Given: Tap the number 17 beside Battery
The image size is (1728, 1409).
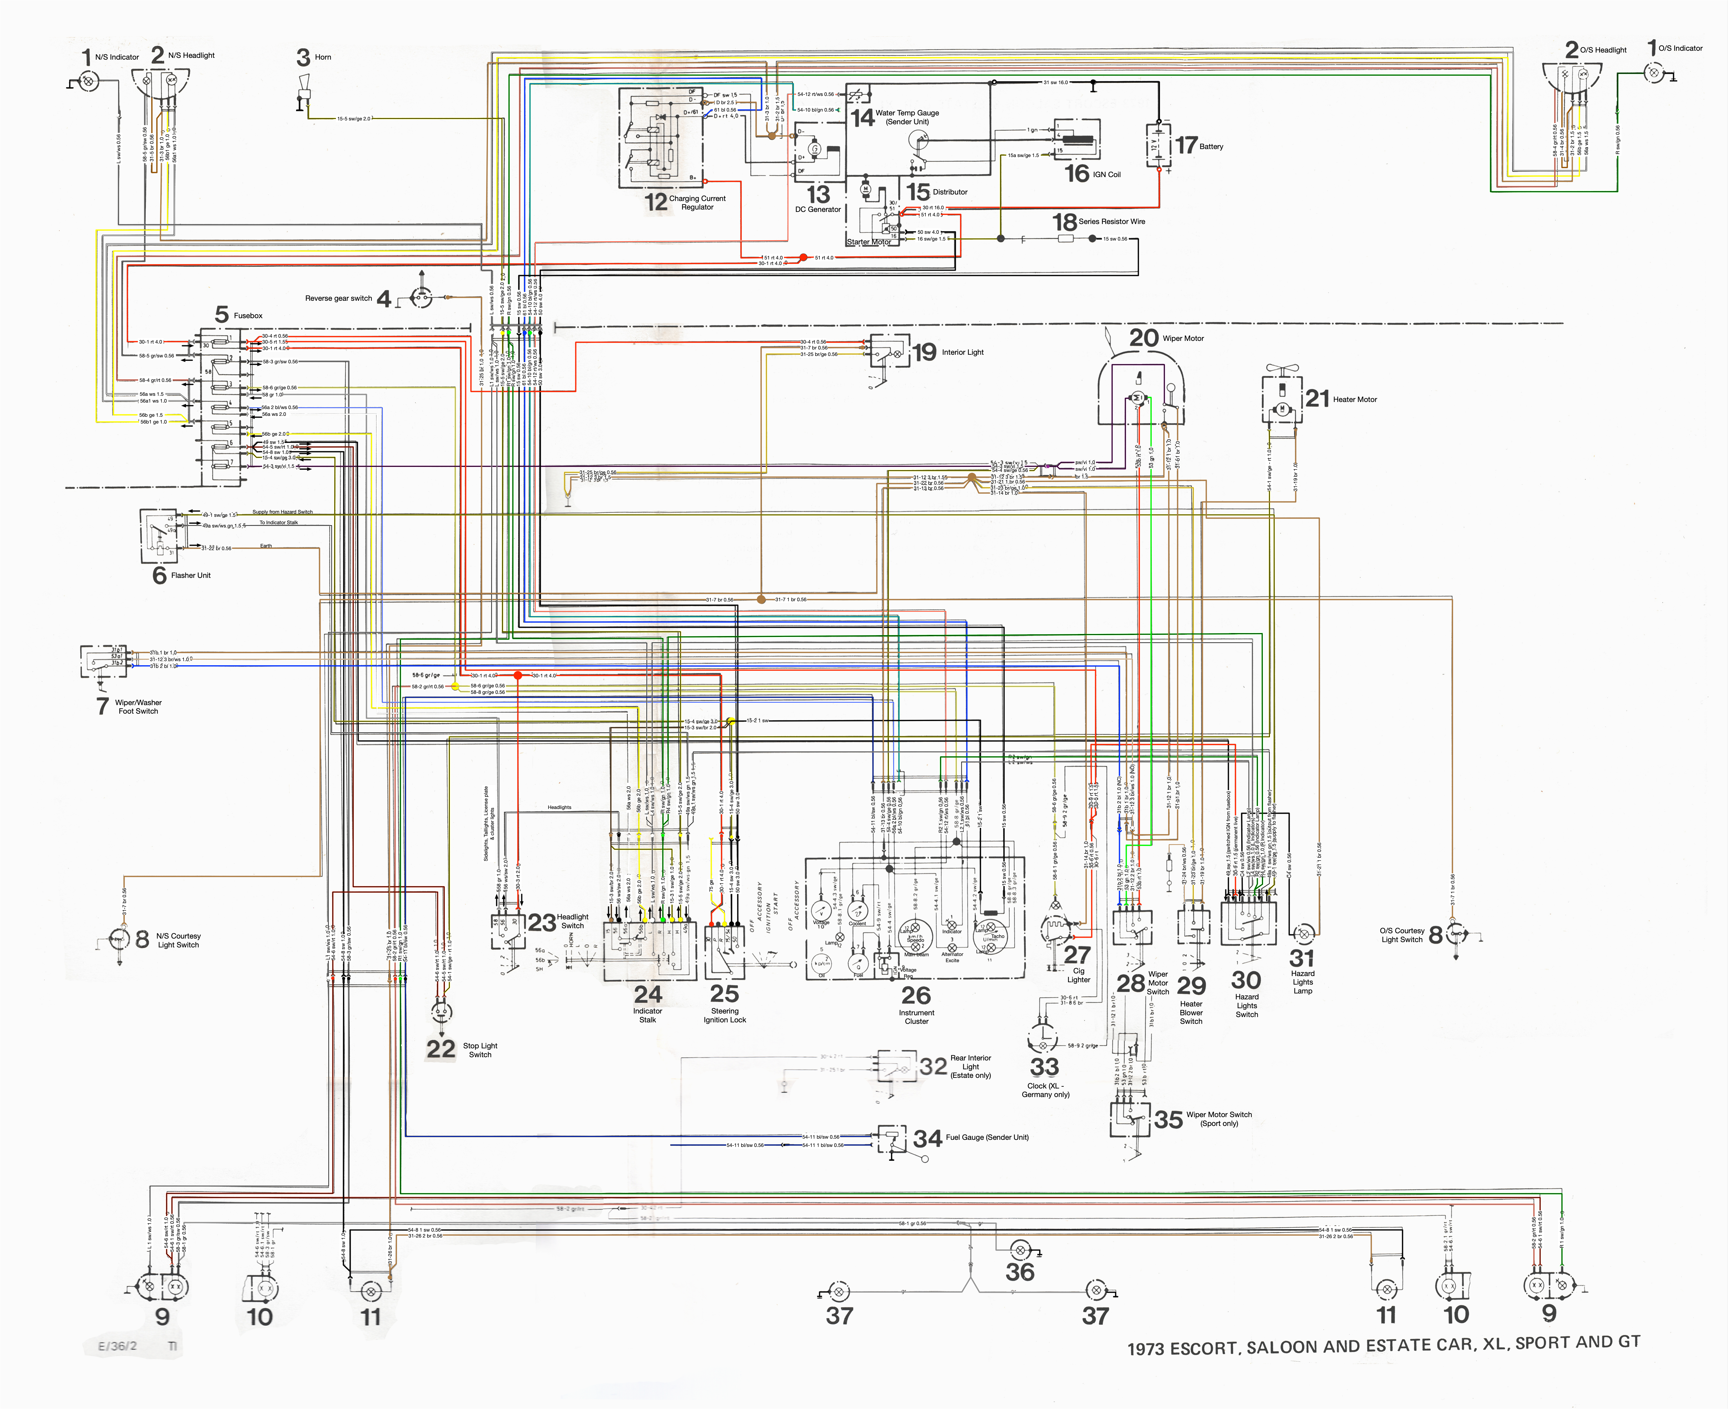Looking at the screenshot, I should (x=1186, y=145).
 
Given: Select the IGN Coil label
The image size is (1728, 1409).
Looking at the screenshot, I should (x=1106, y=174).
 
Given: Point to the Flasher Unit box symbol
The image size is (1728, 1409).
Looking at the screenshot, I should (x=159, y=536).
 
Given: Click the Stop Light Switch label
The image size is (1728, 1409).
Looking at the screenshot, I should (x=480, y=1050).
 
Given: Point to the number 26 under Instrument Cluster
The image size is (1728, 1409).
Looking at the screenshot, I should (x=916, y=995).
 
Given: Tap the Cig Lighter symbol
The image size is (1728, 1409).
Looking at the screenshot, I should (x=1058, y=928).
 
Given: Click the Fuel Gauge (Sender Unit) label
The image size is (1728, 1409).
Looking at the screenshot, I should (x=987, y=1137).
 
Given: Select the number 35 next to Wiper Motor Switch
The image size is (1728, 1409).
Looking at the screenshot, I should (x=1168, y=1119).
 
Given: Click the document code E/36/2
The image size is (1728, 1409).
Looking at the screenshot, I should (x=118, y=1346).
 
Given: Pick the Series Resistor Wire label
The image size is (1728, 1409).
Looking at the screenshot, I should (x=1111, y=222).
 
